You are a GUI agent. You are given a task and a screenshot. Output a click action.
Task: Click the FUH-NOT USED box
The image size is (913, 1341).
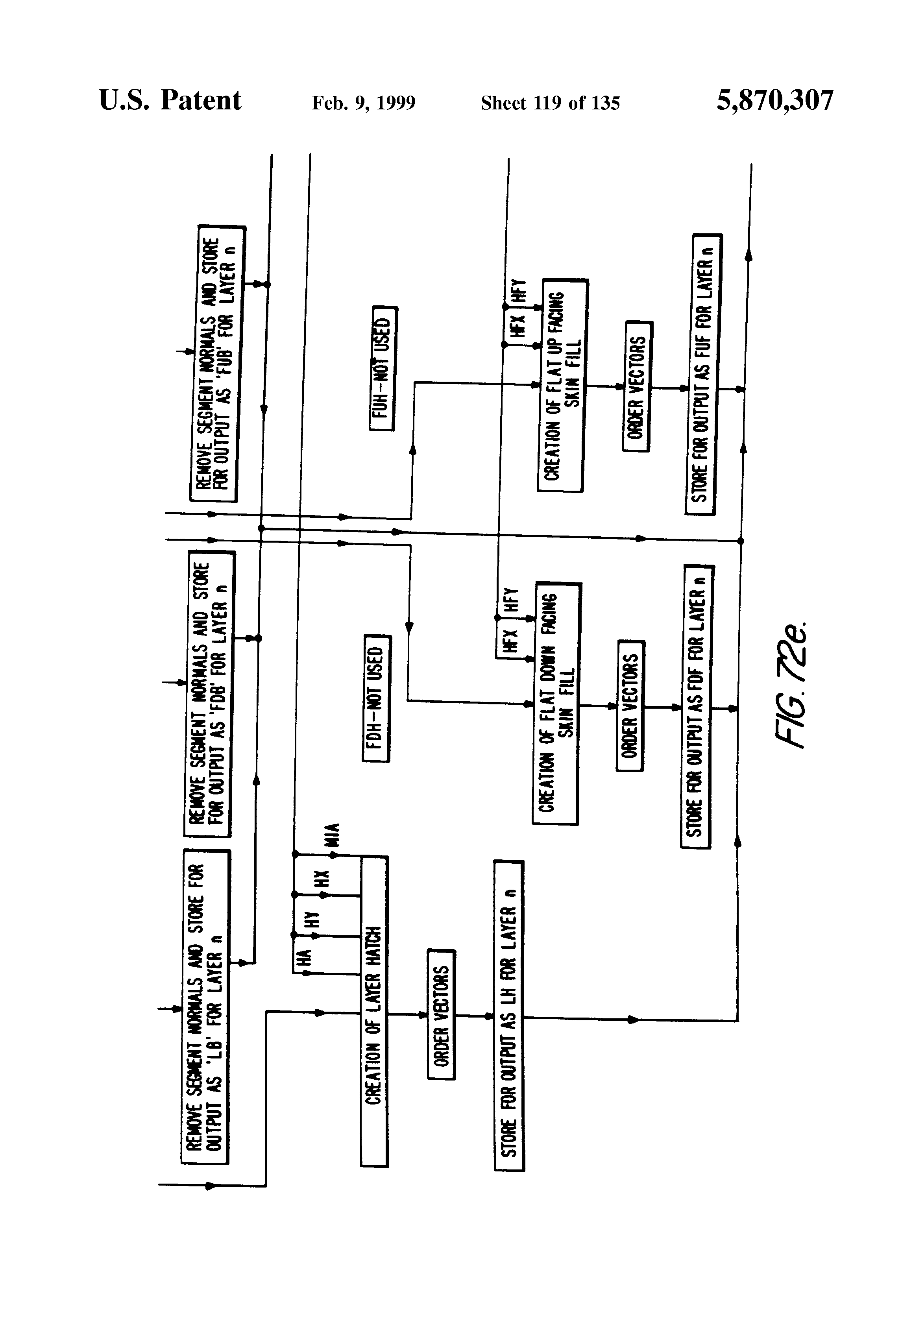(x=383, y=368)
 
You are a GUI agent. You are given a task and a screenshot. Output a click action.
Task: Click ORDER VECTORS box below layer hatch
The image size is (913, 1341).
(x=441, y=1014)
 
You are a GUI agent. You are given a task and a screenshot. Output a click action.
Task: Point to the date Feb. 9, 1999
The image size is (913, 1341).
(x=364, y=103)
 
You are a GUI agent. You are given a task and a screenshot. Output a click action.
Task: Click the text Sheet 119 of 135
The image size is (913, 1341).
(x=550, y=103)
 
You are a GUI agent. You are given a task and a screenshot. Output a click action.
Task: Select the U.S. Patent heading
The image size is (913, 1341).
(x=170, y=100)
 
